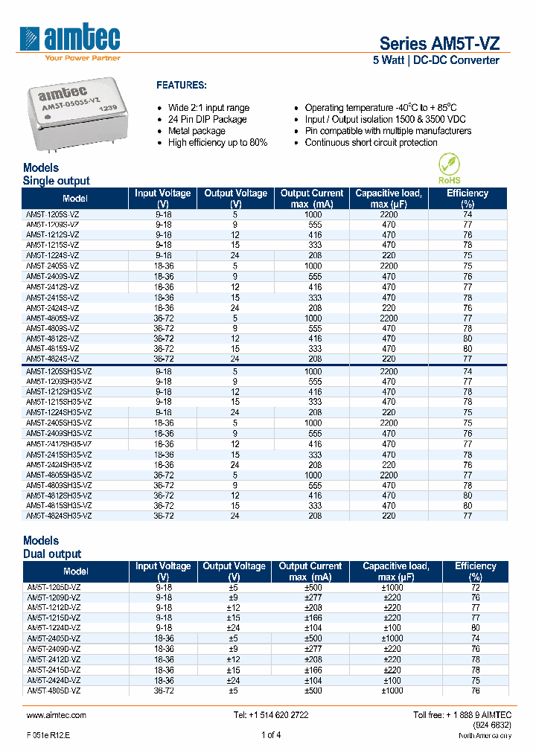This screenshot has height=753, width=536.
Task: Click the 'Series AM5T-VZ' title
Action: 439,42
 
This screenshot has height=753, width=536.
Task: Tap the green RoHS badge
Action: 449,168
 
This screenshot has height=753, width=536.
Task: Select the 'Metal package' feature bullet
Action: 197,131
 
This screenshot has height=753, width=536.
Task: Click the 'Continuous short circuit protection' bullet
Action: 371,143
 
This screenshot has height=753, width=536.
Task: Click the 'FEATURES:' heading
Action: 181,86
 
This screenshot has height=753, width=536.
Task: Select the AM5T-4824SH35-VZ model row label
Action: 59,516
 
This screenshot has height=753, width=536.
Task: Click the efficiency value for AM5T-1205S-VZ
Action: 468,214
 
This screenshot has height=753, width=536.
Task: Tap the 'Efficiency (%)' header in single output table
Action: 468,198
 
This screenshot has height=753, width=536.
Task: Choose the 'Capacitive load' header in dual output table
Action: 395,571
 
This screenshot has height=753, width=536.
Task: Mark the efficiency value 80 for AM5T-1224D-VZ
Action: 476,627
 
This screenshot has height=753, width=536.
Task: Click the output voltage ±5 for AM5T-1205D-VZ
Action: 234,587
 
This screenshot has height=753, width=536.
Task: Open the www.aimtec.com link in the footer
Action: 56,715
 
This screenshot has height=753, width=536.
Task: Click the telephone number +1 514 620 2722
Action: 270,715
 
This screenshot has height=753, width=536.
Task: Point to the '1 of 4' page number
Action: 271,735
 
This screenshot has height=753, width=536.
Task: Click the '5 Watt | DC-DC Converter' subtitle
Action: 435,60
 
